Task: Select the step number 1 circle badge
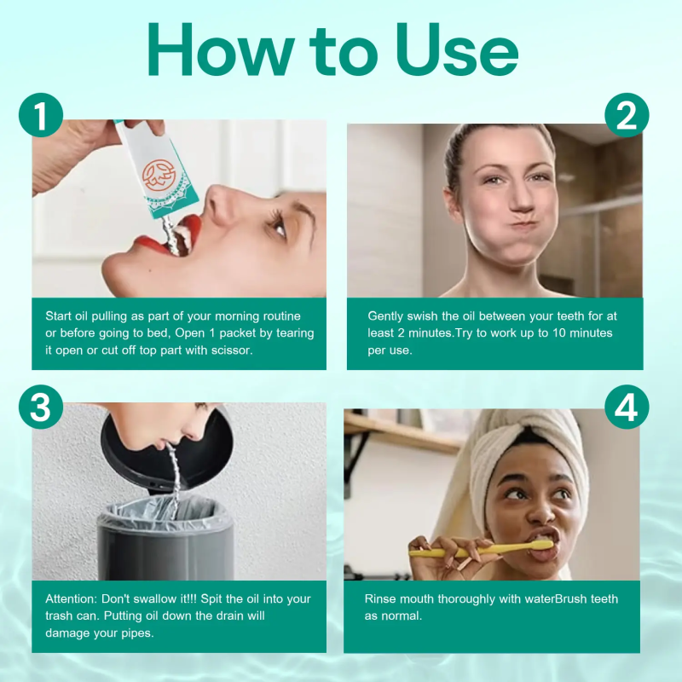point(40,115)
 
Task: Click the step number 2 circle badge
point(627,115)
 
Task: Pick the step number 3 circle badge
point(40,408)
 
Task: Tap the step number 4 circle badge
point(627,408)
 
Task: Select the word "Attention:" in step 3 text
point(74,599)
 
